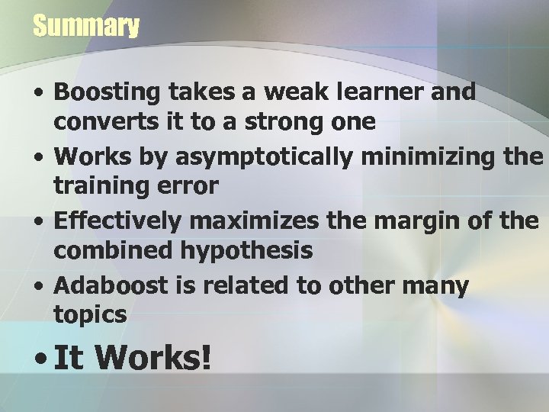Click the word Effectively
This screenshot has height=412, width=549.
coord(117,222)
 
